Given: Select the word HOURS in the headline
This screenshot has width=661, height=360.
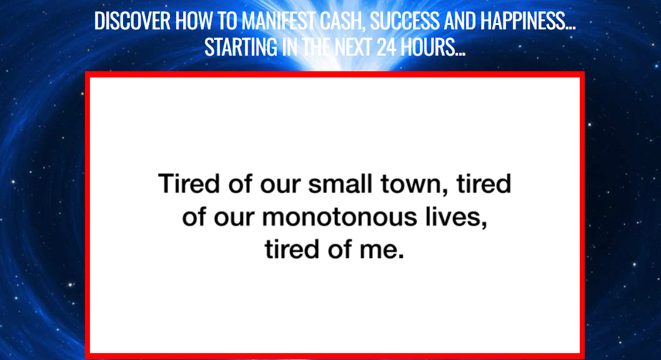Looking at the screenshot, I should click(x=432, y=47).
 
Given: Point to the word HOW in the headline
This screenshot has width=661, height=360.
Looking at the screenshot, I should click(x=191, y=21).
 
